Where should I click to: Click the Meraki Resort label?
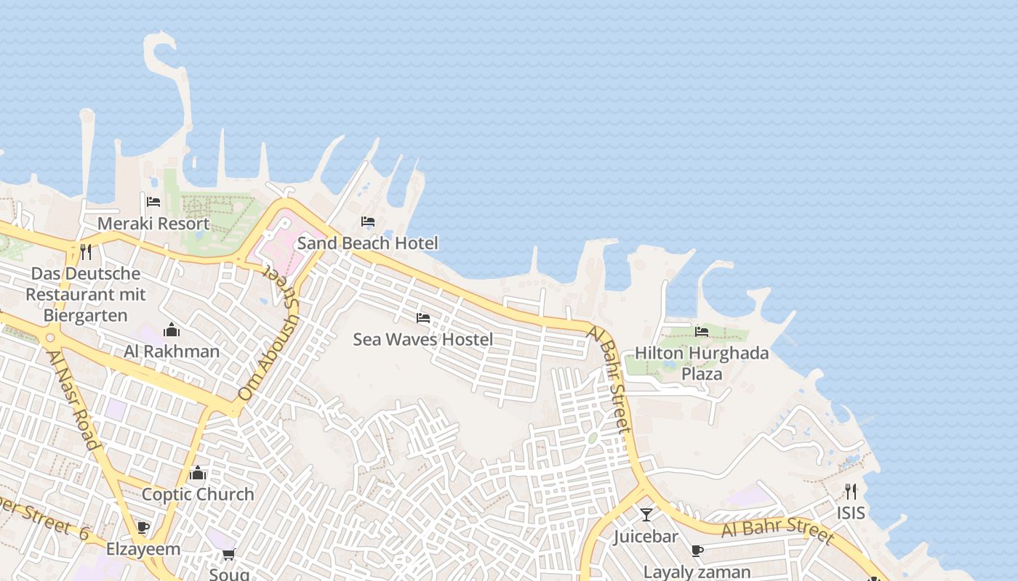(x=153, y=224)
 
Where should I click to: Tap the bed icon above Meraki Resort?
(x=153, y=202)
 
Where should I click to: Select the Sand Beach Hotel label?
(x=367, y=243)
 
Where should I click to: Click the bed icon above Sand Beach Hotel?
(x=368, y=222)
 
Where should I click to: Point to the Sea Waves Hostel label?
(x=422, y=339)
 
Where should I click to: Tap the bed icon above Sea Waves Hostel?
(x=422, y=318)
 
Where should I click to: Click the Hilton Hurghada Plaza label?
(x=702, y=363)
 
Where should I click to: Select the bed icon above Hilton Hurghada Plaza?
(x=702, y=331)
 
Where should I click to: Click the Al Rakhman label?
(x=172, y=352)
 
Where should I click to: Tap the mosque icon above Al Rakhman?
(x=172, y=330)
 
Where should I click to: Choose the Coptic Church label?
(x=198, y=495)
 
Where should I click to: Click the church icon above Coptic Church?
(x=198, y=474)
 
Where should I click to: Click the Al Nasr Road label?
(x=72, y=399)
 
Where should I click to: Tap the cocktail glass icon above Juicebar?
(x=646, y=515)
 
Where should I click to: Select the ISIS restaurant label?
(x=851, y=513)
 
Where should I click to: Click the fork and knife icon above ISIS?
(x=851, y=492)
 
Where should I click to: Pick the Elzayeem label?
(x=143, y=549)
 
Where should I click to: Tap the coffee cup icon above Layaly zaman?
(x=697, y=550)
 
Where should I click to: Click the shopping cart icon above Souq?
(x=229, y=555)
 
